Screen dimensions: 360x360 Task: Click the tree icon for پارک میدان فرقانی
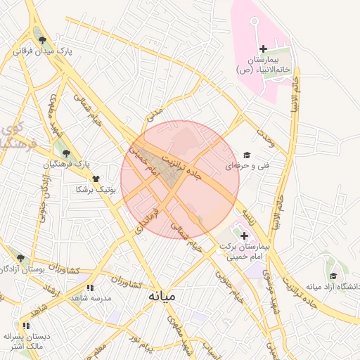43,40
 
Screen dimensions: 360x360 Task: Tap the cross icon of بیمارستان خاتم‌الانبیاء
264,49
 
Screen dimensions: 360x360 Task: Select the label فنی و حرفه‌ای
242,167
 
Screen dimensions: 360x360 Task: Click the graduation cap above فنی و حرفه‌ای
246,155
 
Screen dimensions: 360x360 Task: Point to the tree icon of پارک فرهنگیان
67,153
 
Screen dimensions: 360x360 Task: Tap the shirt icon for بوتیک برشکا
96,179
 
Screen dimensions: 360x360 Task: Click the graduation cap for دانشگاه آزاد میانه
333,276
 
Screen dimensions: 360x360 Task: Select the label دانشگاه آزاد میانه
332,286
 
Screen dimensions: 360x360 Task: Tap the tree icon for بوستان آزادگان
20,258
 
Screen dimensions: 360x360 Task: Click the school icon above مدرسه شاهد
90,288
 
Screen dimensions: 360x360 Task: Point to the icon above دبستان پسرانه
26,326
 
